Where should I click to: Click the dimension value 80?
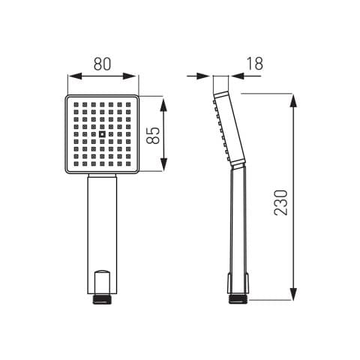click(x=102, y=64)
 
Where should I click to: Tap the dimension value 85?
click(x=152, y=135)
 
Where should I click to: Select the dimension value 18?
click(x=255, y=64)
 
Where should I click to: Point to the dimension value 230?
click(x=281, y=202)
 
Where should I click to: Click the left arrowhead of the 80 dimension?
click(x=75, y=76)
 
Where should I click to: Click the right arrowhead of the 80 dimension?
click(x=130, y=76)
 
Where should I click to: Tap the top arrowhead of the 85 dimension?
click(x=163, y=105)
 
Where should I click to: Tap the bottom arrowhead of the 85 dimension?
click(x=163, y=164)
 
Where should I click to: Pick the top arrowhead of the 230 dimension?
click(x=293, y=100)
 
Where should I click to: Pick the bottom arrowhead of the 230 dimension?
click(x=293, y=293)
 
